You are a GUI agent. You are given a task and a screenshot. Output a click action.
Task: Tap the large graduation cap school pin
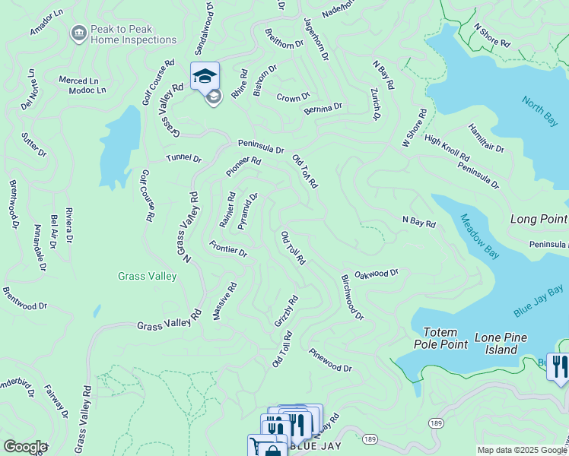tap(205, 76)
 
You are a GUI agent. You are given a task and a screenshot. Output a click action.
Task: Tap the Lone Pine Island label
tap(507, 344)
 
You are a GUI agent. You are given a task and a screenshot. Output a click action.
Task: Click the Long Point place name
tap(539, 219)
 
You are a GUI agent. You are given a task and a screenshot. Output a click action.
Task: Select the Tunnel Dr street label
tap(184, 159)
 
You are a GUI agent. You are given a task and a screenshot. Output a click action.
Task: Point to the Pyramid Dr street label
tap(248, 211)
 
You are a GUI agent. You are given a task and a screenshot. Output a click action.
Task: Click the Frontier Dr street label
tap(228, 249)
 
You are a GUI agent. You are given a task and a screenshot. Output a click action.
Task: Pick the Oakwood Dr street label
tap(377, 273)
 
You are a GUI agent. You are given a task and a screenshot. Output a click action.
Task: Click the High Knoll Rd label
tap(447, 149)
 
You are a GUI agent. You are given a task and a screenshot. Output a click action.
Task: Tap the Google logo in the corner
tap(25, 447)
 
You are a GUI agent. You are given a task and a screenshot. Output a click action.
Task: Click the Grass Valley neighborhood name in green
tap(148, 276)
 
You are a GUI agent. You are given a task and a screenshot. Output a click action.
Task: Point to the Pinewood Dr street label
tap(330, 360)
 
